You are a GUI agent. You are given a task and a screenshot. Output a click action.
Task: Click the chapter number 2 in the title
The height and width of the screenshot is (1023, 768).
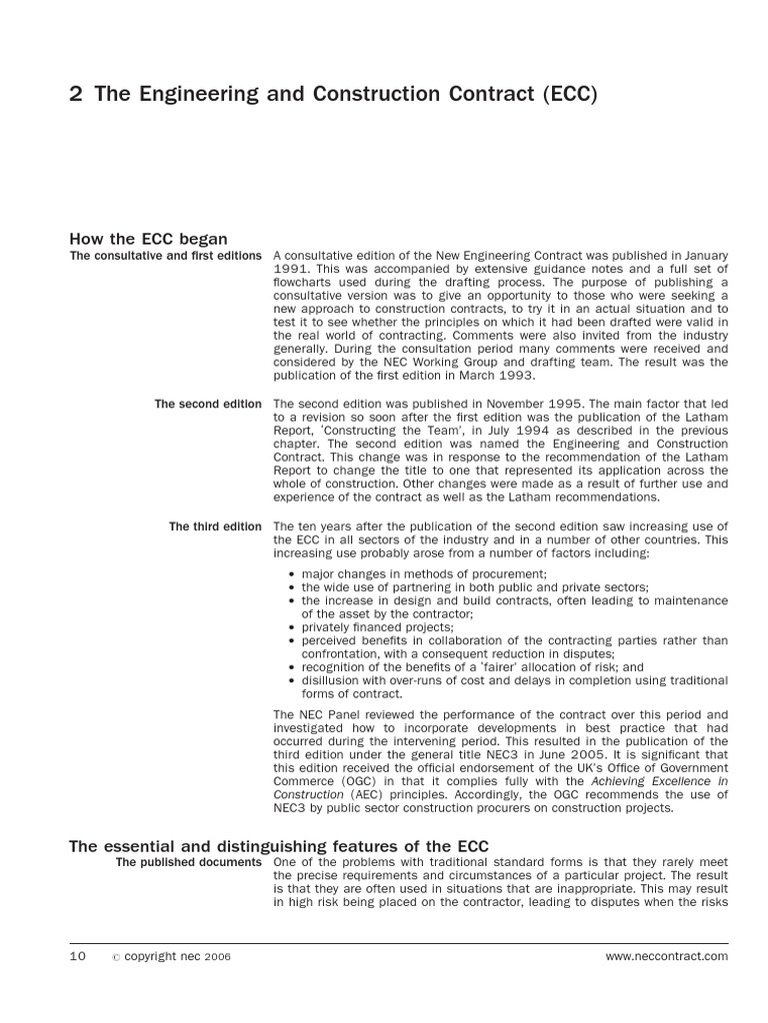[76, 95]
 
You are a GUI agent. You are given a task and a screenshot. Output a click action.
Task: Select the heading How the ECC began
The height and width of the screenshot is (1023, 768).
[148, 239]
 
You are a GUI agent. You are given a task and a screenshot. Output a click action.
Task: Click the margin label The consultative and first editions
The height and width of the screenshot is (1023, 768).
[165, 256]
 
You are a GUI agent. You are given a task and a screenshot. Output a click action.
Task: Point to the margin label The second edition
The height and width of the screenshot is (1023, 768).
[208, 404]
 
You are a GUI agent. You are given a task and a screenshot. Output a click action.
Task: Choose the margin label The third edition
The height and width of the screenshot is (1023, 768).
[215, 526]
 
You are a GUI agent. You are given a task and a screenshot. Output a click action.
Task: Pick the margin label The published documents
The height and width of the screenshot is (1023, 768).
[189, 862]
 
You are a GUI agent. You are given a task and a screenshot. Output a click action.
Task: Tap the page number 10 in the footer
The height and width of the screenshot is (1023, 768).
[78, 956]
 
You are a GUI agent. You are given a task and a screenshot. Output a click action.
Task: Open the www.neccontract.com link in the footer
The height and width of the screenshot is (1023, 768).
[667, 956]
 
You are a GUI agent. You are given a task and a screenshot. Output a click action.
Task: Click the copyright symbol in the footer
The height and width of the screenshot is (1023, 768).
[115, 957]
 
